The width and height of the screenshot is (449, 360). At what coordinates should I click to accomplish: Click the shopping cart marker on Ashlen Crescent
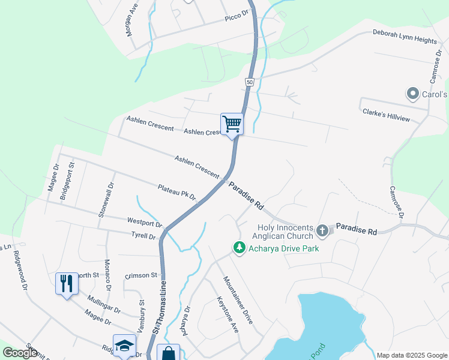tap(232, 124)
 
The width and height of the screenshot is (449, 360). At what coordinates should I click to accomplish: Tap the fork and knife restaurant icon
tap(67, 283)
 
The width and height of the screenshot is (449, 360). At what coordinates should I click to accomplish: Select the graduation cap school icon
tap(124, 346)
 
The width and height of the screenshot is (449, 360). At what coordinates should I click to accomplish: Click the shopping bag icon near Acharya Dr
tap(168, 353)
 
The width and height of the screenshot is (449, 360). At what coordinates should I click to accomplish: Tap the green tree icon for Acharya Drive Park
tap(240, 247)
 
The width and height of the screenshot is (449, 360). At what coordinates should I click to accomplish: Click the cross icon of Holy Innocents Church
tap(322, 230)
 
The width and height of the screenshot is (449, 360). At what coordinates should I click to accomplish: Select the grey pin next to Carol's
tap(412, 94)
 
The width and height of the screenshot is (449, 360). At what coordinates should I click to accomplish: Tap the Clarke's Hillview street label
tap(386, 115)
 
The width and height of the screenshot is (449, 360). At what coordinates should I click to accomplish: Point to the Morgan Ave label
tap(132, 19)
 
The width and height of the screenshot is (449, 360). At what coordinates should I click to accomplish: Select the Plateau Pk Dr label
tap(177, 192)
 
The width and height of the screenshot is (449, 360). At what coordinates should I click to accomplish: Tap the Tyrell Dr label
tap(144, 236)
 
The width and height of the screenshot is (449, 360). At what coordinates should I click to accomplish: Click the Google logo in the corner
tap(20, 353)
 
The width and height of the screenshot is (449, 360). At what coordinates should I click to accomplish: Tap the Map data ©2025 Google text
tap(411, 355)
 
